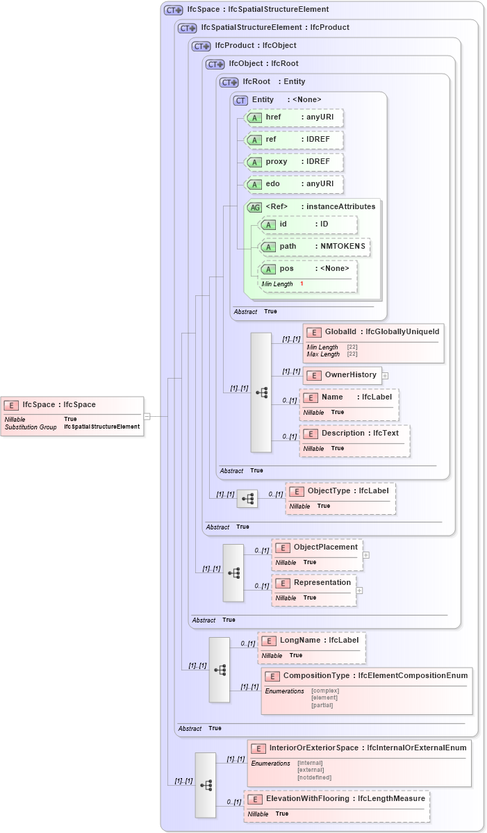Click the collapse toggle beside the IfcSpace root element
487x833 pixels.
pos(147,416)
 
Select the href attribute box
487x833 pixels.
pos(294,118)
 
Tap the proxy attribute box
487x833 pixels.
pos(294,162)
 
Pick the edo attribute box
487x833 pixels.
pos(294,184)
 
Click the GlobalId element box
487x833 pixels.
pos(373,343)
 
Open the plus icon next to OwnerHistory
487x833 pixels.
pos(385,375)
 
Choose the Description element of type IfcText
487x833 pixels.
pos(355,440)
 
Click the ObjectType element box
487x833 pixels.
pos(340,497)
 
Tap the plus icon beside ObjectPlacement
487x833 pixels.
pos(366,555)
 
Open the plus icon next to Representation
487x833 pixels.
pos(360,591)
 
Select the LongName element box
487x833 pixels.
pos(311,648)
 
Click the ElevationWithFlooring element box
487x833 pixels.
pos(336,806)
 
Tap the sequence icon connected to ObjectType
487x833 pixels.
pos(247,499)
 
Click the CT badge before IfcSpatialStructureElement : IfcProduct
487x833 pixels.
pos(187,28)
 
